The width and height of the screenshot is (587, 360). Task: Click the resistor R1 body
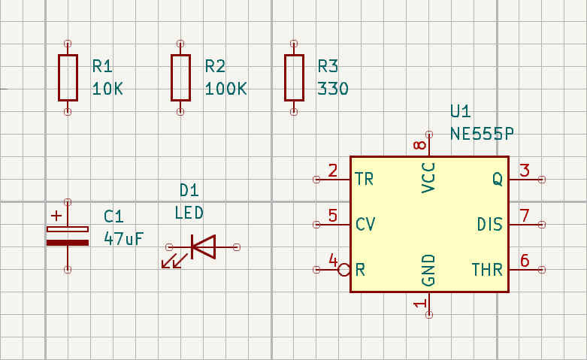coord(68,77)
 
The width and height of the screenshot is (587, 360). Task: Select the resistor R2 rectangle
coord(180,77)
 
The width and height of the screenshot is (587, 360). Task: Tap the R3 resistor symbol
coord(293,77)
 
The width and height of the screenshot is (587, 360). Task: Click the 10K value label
coord(107,89)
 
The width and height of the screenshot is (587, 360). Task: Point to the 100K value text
coord(225,89)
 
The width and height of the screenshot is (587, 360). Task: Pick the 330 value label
coord(333,89)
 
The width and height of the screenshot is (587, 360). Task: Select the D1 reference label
coord(189,190)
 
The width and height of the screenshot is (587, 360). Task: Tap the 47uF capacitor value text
coord(123,239)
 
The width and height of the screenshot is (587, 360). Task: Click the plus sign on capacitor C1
coord(57,216)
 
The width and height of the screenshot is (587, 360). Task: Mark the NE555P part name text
coord(482,134)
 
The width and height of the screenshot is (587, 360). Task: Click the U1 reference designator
coord(460,112)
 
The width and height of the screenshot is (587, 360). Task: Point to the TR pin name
coord(365,180)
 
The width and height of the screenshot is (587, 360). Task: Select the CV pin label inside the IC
coord(365,225)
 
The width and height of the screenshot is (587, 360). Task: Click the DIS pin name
coord(490,225)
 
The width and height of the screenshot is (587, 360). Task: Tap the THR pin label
coord(487,270)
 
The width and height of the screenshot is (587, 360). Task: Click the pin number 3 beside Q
coord(525,171)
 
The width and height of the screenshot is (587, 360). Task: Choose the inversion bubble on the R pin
coord(344,270)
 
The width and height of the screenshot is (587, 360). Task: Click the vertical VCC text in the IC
coord(428,177)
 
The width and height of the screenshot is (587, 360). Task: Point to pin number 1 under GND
coord(420,304)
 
